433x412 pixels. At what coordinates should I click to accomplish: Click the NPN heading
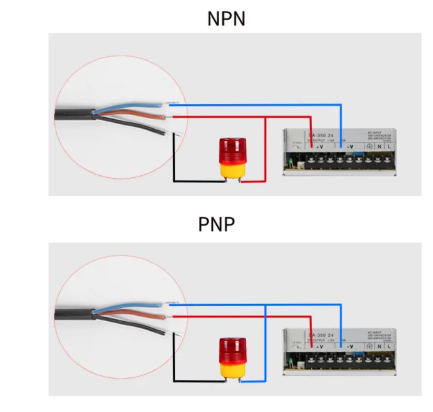226,18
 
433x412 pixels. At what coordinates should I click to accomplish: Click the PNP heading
216,224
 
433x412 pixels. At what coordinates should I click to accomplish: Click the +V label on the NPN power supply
320,146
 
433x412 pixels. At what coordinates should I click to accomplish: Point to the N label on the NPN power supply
379,146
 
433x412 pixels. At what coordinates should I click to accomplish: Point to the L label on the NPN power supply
389,146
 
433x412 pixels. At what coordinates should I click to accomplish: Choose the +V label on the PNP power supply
320,345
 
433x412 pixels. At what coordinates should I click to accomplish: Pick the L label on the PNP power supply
389,345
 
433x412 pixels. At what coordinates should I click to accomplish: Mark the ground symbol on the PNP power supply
368,345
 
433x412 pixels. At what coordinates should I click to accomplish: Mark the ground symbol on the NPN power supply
368,146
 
